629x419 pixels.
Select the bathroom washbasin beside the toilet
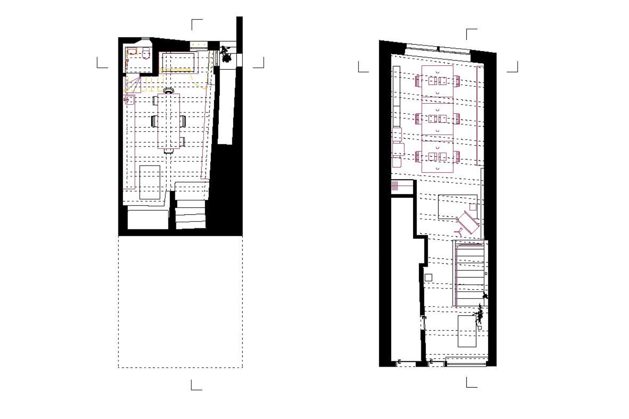tap(132, 52)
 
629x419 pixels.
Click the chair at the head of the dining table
tap(168, 91)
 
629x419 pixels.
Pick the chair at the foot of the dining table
tap(168, 151)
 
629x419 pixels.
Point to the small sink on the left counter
tap(128, 101)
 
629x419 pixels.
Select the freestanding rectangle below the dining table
tap(150, 182)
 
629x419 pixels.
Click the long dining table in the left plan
tap(168, 121)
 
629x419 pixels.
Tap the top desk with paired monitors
tap(437, 82)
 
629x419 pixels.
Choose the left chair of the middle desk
tap(418, 119)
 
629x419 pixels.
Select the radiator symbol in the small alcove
tap(395, 185)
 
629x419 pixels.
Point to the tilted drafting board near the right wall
tap(468, 222)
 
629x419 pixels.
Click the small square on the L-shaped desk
tap(472, 207)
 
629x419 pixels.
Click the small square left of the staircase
tap(428, 278)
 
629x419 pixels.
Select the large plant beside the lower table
tap(479, 314)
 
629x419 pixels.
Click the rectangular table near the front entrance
tap(467, 331)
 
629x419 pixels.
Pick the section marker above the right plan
tap(471, 34)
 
